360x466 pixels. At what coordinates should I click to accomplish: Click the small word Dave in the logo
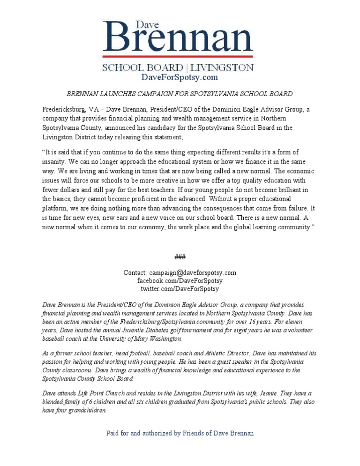[x=147, y=24]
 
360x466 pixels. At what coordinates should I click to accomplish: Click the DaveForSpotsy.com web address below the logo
[x=180, y=77]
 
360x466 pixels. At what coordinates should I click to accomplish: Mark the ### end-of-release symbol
[x=180, y=256]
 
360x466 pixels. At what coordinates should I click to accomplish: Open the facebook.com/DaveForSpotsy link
[x=180, y=280]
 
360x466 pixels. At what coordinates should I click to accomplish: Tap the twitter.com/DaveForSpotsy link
[x=180, y=288]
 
